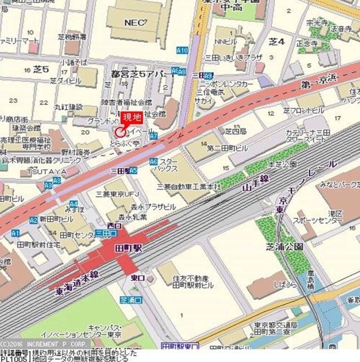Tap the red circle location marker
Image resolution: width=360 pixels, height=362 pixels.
coord(120,132)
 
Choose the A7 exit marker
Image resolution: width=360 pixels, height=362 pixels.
coord(153,136)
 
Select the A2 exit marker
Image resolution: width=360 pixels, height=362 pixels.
coord(34,219)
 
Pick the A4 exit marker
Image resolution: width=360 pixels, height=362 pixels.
coord(73,204)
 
